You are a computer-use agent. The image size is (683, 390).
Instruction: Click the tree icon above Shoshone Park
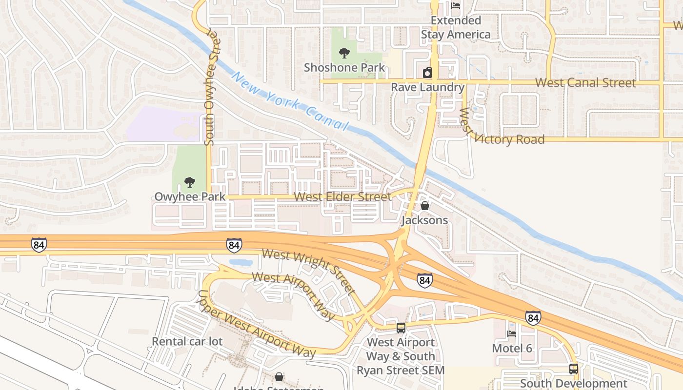tap(344, 53)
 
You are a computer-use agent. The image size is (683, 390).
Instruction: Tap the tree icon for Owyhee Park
tap(190, 183)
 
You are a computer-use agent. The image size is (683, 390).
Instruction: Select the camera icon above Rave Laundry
tap(427, 73)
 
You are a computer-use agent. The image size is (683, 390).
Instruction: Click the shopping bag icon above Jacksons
tap(425, 206)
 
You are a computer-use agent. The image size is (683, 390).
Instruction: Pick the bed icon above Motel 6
tap(512, 334)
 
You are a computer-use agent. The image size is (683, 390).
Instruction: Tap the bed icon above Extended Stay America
tap(456, 6)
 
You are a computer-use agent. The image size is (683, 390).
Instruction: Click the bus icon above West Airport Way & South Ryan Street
tap(401, 328)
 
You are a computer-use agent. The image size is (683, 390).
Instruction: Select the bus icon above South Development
tap(574, 369)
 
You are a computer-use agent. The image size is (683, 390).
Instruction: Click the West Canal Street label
tap(585, 83)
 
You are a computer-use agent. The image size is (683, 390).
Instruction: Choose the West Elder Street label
tap(343, 197)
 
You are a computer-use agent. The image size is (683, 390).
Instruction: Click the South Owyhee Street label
tap(210, 88)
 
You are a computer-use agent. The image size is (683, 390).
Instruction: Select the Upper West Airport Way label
tap(256, 324)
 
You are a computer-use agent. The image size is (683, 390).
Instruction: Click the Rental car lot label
tap(187, 341)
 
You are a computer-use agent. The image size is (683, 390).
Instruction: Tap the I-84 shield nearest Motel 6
tap(533, 317)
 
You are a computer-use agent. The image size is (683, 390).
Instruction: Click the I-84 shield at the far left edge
tap(39, 245)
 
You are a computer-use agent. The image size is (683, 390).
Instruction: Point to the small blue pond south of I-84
tap(240, 262)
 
